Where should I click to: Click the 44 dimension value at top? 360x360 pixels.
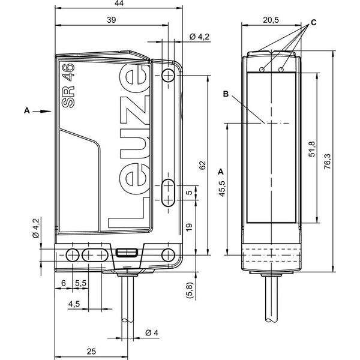click(x=119, y=3)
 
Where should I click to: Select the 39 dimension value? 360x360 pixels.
click(x=112, y=20)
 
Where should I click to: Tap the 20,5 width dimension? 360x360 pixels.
click(x=271, y=20)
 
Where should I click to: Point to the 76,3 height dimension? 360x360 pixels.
click(x=328, y=161)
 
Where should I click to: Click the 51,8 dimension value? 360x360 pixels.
click(x=312, y=149)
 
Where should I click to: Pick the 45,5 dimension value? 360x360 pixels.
click(x=222, y=189)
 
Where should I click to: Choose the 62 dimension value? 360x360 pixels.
click(x=202, y=166)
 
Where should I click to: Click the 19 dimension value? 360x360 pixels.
click(x=189, y=227)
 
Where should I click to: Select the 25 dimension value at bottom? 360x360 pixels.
click(x=91, y=352)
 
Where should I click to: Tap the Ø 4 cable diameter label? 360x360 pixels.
click(x=152, y=332)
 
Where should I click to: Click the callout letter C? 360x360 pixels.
click(x=314, y=23)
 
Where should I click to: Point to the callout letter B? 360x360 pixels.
click(x=226, y=94)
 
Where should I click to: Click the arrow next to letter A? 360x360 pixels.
click(x=42, y=112)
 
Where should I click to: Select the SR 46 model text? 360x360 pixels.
click(x=68, y=86)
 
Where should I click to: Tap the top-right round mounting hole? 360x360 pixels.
click(x=168, y=75)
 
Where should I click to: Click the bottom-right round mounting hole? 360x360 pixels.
click(x=168, y=255)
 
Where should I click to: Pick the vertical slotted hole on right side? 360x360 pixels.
click(x=168, y=193)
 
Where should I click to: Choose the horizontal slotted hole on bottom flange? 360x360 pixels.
click(x=95, y=255)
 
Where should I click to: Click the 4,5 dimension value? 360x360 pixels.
click(x=74, y=304)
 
